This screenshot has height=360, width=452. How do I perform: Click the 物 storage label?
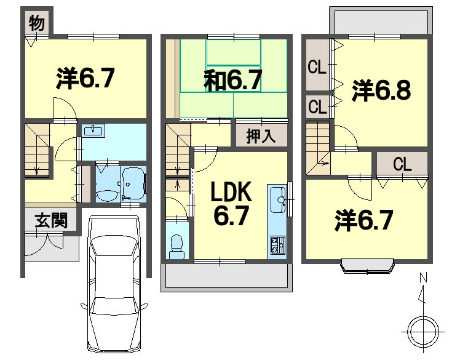click(37, 23)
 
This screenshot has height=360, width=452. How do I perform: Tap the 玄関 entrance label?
click(51, 220)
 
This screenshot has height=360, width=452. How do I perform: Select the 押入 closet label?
click(261, 136)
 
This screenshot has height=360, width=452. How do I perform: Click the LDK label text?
click(231, 191)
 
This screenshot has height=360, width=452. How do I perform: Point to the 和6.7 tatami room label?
click(232, 80)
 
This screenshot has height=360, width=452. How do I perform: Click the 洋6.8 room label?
click(381, 90)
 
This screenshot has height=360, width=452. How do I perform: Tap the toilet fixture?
click(176, 247)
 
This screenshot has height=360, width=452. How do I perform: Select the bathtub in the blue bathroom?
click(134, 183)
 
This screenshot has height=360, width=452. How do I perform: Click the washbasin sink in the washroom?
click(93, 131)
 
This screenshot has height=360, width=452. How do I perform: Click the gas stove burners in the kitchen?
click(278, 245)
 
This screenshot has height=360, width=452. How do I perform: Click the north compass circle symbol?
click(424, 332)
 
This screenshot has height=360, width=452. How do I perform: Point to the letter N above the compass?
click(423, 278)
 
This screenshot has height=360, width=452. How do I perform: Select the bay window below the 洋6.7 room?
click(367, 266)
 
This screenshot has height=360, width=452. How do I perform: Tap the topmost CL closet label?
click(317, 67)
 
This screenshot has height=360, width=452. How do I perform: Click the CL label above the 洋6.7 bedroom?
click(402, 164)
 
